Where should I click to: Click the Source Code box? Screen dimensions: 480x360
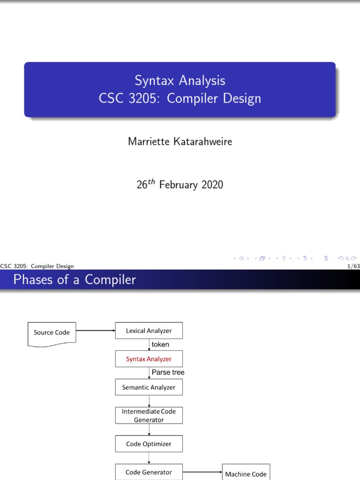tap(52, 333)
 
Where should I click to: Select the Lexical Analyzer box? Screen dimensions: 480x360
tap(149, 331)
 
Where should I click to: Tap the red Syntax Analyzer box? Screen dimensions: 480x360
tap(149, 359)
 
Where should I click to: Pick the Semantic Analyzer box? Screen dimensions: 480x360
tap(149, 387)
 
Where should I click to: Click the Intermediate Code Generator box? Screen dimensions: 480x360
tap(149, 415)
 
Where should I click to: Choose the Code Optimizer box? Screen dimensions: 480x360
tap(149, 444)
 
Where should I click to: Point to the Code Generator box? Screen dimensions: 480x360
tap(149, 472)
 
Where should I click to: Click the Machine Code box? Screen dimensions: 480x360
tap(246, 473)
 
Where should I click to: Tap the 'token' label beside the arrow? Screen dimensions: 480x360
tap(160, 345)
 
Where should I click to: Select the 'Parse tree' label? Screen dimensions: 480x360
tap(168, 373)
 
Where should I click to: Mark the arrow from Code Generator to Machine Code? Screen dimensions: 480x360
tap(202, 472)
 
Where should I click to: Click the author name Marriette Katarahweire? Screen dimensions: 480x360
tap(180, 142)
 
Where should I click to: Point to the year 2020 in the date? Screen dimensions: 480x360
tap(212, 185)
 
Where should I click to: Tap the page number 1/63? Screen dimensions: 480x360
tap(351, 266)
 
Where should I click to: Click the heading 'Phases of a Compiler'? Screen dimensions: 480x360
tap(75, 280)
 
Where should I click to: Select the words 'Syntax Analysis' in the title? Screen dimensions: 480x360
tap(180, 80)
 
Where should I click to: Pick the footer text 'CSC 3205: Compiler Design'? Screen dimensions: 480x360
tap(37, 266)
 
